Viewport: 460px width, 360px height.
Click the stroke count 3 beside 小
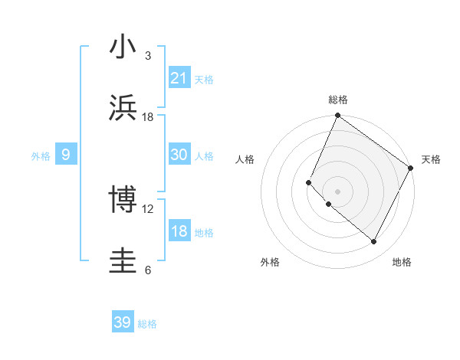pos(148,56)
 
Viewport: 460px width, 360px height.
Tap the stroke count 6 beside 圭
pos(148,270)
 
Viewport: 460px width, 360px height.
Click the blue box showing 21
pos(179,78)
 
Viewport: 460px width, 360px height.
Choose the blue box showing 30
pos(179,155)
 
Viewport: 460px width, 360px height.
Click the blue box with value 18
pos(179,231)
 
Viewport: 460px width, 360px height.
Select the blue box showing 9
pos(66,155)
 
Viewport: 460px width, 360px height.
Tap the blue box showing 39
pos(122,322)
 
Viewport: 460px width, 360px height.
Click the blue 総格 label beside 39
pos(147,324)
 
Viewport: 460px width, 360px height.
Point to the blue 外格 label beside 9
pos(41,156)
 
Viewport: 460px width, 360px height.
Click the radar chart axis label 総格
pos(338,100)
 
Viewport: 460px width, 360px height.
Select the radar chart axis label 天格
pos(431,159)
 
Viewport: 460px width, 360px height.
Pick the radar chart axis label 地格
pos(402,262)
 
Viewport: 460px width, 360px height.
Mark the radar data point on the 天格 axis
pos(411,168)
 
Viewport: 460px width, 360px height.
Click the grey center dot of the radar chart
pos(337,191)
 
